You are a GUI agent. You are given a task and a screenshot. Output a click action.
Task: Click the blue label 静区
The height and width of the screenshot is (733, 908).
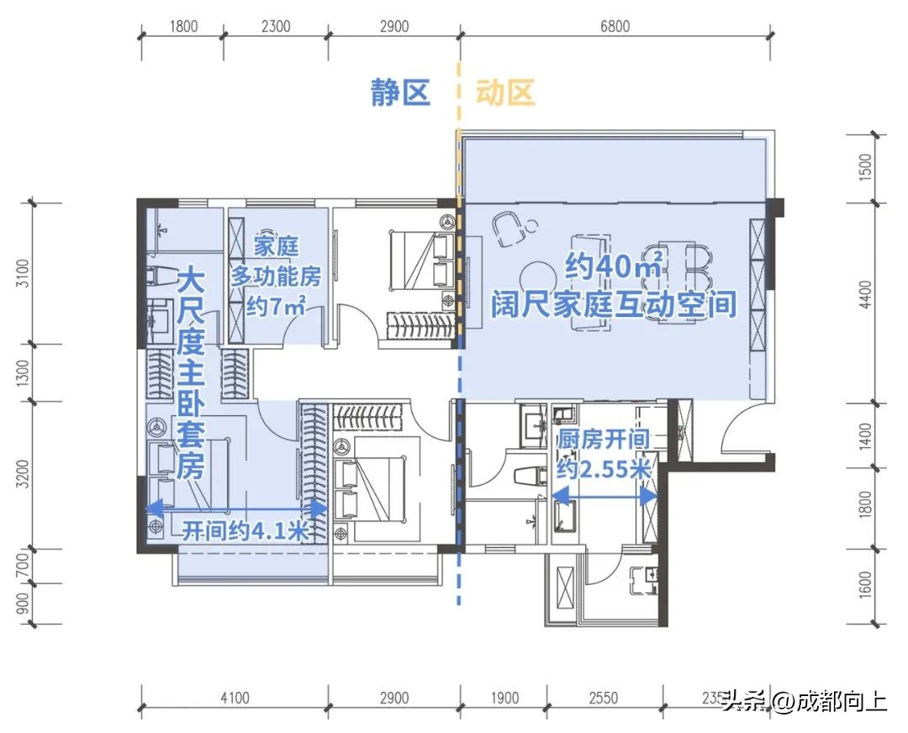401,92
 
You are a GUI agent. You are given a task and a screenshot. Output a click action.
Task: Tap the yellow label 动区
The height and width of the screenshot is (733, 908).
505,92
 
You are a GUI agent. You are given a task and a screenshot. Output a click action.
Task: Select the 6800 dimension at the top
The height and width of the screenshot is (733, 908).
615,26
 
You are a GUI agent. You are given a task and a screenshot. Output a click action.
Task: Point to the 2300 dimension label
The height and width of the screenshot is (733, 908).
276,26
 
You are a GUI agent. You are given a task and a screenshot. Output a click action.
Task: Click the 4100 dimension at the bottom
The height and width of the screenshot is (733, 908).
235,698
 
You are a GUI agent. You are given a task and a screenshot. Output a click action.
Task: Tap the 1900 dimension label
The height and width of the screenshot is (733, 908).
504,698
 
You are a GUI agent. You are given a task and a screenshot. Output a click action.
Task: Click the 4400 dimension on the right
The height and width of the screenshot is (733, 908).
867,294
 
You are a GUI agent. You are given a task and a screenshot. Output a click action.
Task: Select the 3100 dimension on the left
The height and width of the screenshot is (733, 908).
23,274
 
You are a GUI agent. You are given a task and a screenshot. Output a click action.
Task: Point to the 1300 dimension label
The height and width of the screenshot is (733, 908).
23,372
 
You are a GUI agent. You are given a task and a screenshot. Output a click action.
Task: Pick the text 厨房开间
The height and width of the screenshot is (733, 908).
604,440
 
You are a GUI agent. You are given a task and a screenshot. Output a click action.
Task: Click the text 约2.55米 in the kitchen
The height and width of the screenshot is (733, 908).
604,469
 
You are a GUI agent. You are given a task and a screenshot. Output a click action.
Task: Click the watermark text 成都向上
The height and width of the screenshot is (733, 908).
841,700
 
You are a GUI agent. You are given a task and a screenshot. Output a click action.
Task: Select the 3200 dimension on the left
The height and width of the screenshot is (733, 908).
23,475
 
